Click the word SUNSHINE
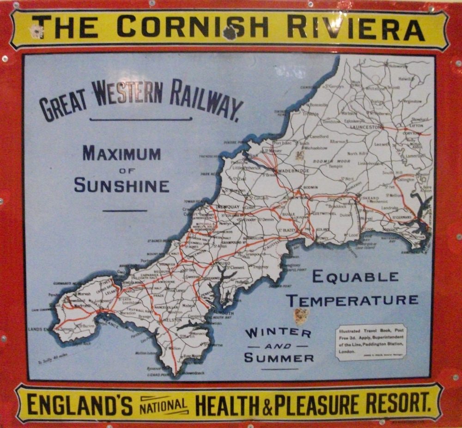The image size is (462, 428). (x=122, y=185)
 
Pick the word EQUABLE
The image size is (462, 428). (x=355, y=277)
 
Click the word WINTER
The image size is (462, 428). (x=278, y=332)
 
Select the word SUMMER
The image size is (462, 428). (x=279, y=358)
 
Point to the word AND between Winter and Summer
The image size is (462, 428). (x=279, y=345)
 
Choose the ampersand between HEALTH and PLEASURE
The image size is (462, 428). (x=269, y=405)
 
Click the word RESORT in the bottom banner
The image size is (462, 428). (x=397, y=404)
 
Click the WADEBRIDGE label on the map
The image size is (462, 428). (x=293, y=170)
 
